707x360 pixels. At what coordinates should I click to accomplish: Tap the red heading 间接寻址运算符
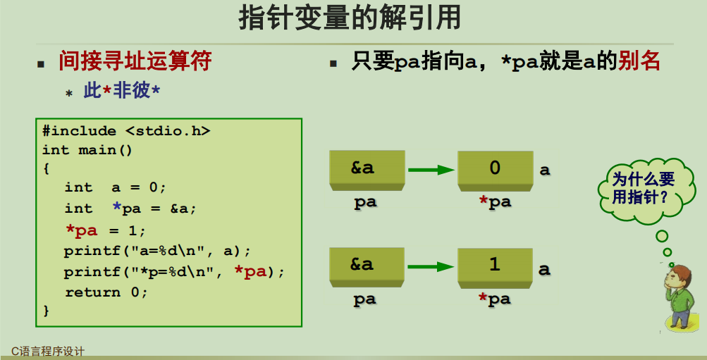click(135, 61)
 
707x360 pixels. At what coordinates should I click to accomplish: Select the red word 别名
click(639, 61)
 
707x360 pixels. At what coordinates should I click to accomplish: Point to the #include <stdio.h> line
click(126, 131)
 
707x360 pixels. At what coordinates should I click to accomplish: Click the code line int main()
click(87, 150)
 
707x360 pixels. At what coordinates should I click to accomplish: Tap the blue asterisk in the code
click(116, 209)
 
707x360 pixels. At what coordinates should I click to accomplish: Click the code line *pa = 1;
click(105, 230)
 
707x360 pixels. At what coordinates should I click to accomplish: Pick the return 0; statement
click(106, 292)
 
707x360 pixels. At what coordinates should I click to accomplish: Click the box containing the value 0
click(494, 168)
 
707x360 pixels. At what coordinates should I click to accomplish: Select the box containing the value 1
click(494, 265)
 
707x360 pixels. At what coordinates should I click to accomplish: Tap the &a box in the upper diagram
click(366, 168)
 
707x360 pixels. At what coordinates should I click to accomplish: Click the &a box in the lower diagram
click(366, 265)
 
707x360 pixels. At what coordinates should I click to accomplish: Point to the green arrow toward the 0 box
click(431, 169)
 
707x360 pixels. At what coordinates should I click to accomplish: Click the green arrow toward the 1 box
click(431, 266)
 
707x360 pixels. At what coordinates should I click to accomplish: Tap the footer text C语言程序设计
click(48, 352)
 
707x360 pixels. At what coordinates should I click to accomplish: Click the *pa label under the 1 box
click(495, 299)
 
